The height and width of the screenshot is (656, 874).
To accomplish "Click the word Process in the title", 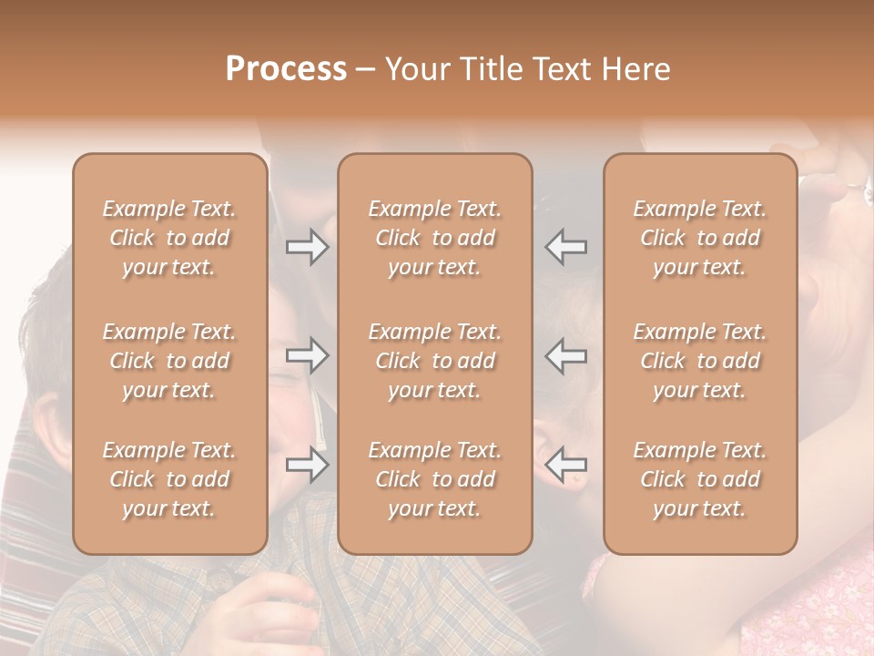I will (x=286, y=69).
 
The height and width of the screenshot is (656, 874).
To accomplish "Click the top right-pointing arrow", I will (x=307, y=246).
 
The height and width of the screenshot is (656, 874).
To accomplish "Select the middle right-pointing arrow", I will (x=307, y=355).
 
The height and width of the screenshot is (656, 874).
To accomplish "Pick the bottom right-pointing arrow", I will (x=307, y=465).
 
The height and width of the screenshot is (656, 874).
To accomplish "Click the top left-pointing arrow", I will (x=566, y=246).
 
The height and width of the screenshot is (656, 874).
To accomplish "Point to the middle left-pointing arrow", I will (x=566, y=355).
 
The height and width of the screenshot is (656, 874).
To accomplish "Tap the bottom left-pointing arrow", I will (x=566, y=465).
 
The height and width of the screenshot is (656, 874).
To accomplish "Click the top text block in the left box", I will (x=169, y=238).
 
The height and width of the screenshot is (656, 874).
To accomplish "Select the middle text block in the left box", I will (x=169, y=361).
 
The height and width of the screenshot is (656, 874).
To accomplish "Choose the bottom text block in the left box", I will (x=169, y=479).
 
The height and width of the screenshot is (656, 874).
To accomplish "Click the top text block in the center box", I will (x=435, y=238).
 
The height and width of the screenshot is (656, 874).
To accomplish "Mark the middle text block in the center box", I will (x=435, y=361).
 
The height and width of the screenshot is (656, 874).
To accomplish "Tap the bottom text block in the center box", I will (x=435, y=479).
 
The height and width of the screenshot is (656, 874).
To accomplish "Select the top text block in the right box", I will (x=700, y=238).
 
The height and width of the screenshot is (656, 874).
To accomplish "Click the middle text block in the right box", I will (x=700, y=361).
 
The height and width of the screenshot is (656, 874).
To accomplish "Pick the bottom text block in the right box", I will (x=700, y=479).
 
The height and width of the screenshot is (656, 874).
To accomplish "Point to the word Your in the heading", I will (x=415, y=69).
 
